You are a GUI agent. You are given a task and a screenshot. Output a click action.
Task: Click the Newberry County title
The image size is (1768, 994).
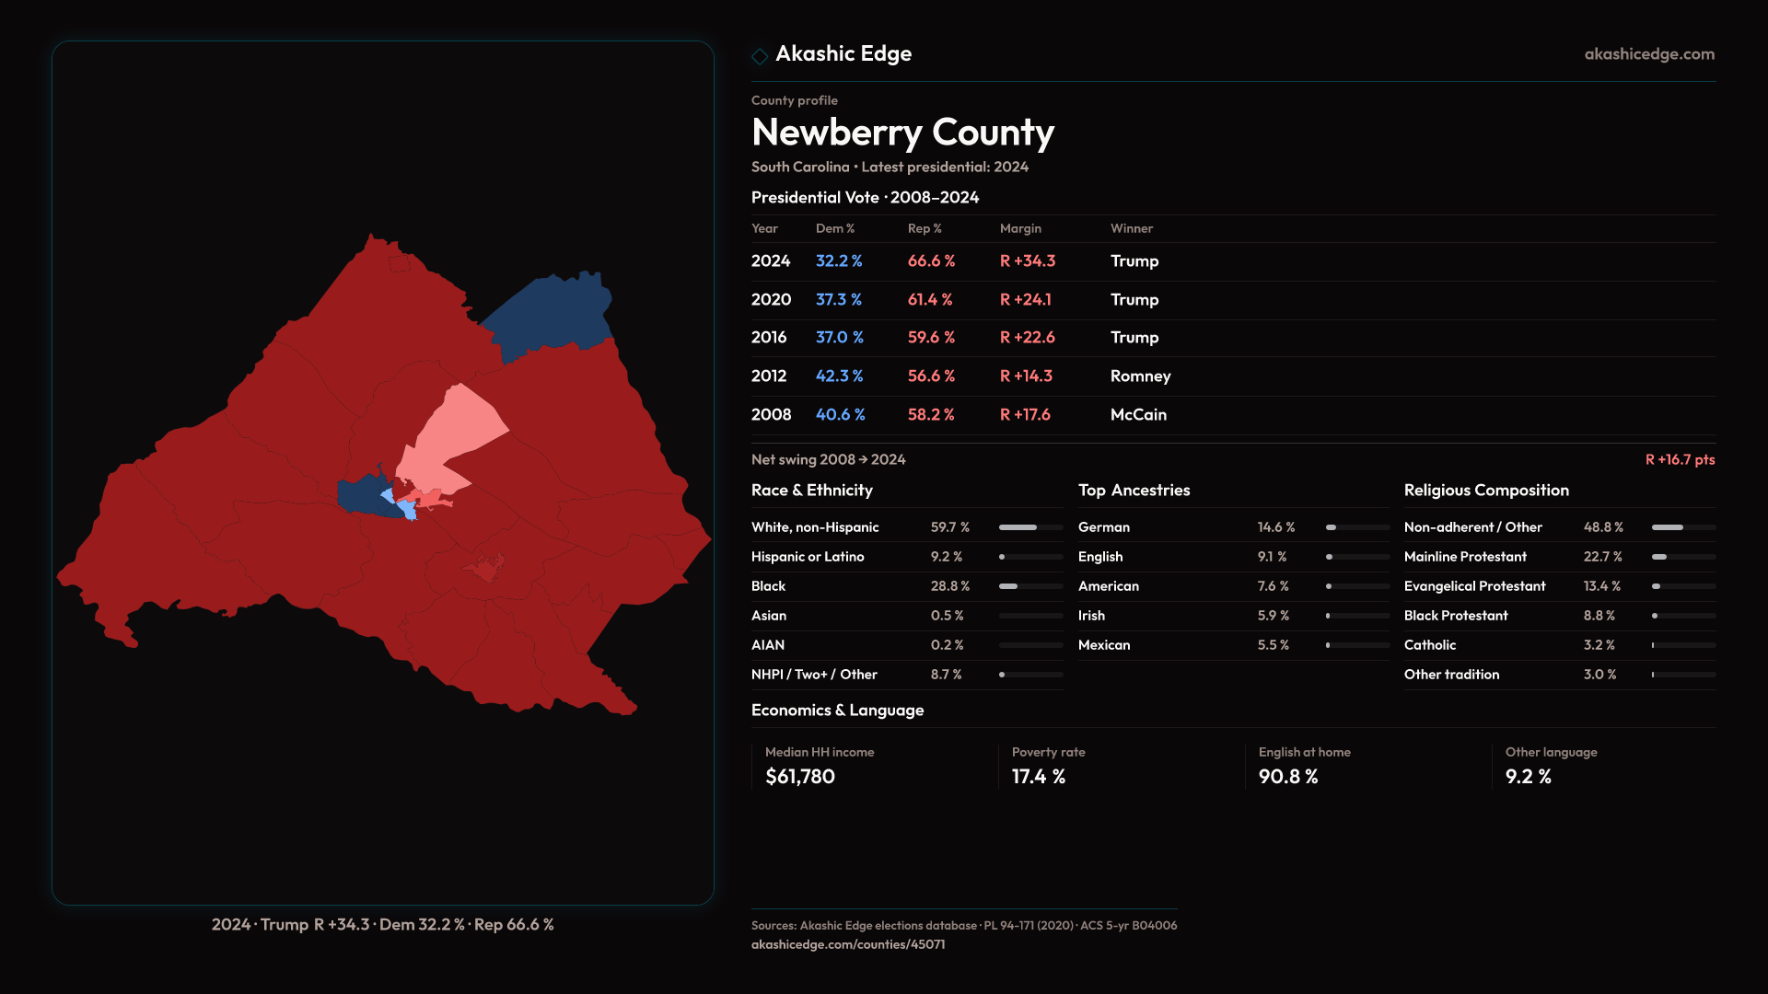[902, 133]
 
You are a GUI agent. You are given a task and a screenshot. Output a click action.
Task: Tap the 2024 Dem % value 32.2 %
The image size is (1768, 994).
[838, 261]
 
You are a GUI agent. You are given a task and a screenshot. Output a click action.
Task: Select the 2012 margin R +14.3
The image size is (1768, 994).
[1026, 376]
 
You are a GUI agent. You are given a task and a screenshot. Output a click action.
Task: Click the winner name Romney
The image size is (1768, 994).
[1140, 376]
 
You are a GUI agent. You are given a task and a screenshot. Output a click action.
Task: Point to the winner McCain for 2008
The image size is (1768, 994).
[1138, 415]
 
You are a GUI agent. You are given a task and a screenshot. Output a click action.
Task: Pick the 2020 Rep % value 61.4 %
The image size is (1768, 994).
[930, 300]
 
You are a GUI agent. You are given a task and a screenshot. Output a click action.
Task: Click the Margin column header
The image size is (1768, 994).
[1020, 228]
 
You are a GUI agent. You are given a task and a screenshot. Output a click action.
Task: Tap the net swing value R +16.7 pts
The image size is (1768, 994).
[1680, 459]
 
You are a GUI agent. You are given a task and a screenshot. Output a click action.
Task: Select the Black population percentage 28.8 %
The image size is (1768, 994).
[949, 586]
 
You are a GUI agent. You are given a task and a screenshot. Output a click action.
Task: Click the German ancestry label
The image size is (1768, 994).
[1103, 527]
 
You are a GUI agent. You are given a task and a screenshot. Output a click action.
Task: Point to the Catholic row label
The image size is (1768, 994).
[1429, 645]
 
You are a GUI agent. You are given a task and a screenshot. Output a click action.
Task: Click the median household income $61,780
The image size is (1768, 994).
[799, 777]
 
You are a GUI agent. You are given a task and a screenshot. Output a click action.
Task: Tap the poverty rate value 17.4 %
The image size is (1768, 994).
[1038, 777]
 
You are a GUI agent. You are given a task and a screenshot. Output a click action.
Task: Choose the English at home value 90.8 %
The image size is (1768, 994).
[1287, 777]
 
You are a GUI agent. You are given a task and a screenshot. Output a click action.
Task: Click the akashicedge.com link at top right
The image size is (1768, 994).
[1649, 54]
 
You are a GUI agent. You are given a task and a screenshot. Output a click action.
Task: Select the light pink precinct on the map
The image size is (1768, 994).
[456, 433]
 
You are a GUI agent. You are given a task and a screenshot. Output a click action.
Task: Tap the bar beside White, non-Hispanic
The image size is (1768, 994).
[1030, 527]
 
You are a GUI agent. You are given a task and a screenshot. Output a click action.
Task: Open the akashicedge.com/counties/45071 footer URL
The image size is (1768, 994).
[847, 944]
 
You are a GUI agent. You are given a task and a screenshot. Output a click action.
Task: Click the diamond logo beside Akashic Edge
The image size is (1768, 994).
[760, 56]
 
